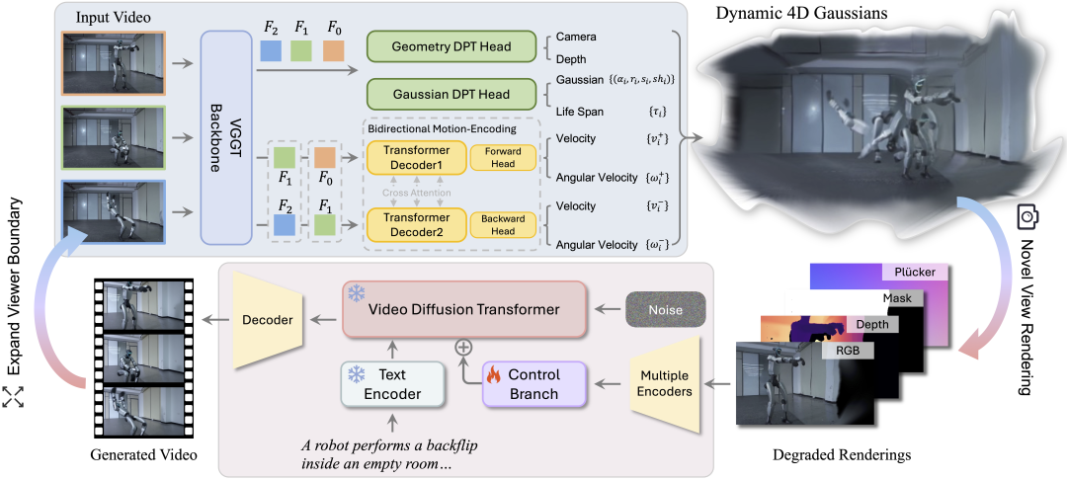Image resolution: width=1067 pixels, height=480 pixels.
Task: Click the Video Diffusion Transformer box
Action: pyautogui.click(x=464, y=310)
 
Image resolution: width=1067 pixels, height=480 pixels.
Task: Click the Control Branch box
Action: pyautogui.click(x=533, y=384)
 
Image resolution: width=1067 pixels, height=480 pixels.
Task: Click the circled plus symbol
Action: pyautogui.click(x=461, y=347)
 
